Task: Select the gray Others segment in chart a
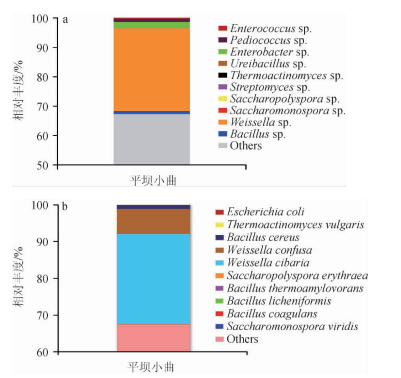[152, 140]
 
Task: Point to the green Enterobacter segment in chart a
[152, 25]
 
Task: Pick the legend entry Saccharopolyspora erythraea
[297, 276]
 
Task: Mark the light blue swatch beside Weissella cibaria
[219, 263]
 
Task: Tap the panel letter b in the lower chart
[65, 207]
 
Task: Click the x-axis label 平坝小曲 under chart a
[153, 180]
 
